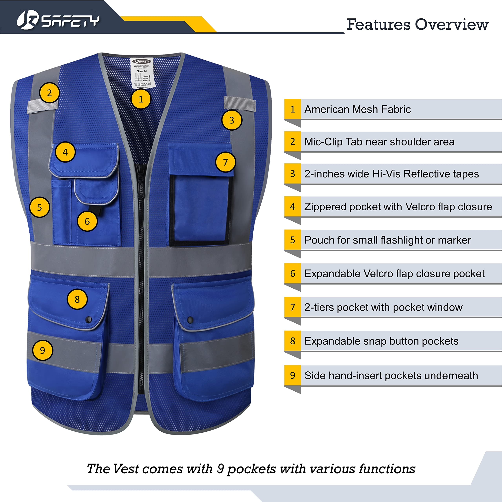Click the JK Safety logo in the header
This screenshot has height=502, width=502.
58,20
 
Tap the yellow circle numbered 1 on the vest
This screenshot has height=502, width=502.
141,99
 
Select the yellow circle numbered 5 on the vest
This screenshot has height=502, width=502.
39,207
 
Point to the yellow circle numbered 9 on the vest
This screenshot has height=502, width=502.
42,350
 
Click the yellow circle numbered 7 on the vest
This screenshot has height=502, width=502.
225,162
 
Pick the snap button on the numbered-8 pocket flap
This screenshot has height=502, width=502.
89,319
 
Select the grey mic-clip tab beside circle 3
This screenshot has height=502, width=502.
240,103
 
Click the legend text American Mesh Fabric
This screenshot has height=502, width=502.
357,109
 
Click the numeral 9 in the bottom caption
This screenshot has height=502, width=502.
220,469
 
